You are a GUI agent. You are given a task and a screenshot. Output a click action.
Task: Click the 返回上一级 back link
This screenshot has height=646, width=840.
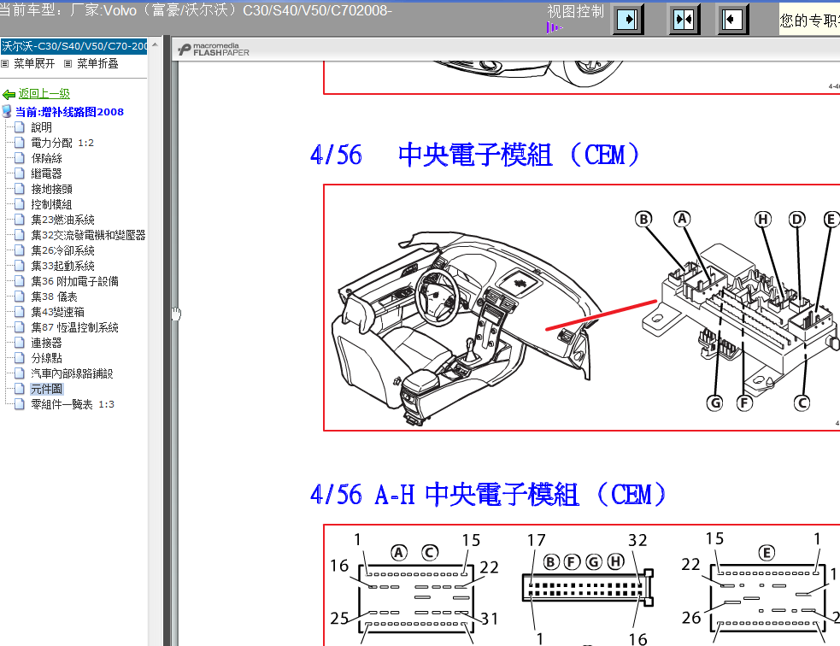click(44, 94)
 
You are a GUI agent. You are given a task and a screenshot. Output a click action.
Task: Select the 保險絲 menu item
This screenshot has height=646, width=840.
click(47, 158)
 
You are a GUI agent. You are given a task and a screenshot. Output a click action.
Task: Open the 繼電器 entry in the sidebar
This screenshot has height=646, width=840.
click(47, 173)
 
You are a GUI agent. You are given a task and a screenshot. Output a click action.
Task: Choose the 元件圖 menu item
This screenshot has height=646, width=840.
click(47, 389)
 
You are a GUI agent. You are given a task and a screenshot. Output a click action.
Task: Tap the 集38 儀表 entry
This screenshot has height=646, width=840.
click(54, 297)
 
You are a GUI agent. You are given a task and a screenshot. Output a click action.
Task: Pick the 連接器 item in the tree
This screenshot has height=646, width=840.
click(47, 343)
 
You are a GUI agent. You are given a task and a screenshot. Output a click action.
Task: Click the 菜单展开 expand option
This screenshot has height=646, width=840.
click(34, 64)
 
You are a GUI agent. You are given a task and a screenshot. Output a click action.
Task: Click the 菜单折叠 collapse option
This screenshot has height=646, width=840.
click(97, 64)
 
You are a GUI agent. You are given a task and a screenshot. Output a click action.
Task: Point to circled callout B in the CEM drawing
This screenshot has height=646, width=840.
click(643, 219)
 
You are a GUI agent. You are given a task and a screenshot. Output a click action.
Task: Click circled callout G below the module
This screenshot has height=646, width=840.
click(714, 402)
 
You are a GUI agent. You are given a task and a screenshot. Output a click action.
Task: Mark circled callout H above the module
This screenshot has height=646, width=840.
click(763, 219)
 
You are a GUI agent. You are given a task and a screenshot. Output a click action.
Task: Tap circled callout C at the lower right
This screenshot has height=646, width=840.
click(802, 402)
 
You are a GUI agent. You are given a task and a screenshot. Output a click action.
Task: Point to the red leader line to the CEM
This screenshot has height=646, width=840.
click(601, 315)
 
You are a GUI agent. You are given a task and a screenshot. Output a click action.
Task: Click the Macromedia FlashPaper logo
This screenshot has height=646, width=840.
click(214, 50)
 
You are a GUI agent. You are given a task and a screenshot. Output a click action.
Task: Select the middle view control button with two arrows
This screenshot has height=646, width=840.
click(684, 20)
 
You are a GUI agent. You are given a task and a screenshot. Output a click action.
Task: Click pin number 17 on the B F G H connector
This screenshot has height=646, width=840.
click(537, 540)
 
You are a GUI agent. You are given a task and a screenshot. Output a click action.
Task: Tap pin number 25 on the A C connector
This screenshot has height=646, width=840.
click(339, 618)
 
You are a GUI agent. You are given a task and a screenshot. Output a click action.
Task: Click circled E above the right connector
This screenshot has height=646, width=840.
click(767, 553)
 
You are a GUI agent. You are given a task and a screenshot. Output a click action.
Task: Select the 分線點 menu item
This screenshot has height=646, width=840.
click(47, 358)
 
